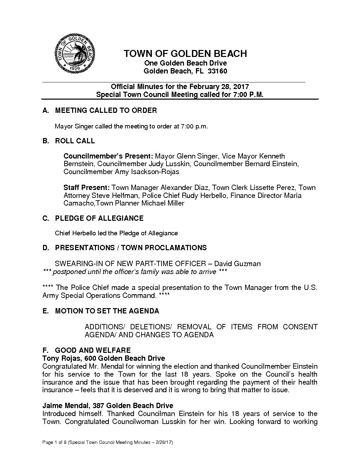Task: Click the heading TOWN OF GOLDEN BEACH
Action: click(x=185, y=54)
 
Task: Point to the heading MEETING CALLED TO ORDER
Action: click(x=106, y=111)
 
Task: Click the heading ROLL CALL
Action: click(x=75, y=141)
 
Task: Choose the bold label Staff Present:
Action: click(x=86, y=188)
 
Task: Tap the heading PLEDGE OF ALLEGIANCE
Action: click(x=99, y=218)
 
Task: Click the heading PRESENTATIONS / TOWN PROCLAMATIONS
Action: click(x=131, y=248)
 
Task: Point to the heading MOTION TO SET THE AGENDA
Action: click(x=107, y=311)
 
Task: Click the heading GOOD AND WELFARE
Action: click(x=93, y=350)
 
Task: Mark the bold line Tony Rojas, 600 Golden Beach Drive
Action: click(x=104, y=358)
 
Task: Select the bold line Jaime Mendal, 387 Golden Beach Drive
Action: click(x=108, y=406)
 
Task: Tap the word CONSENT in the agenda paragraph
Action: click(x=300, y=327)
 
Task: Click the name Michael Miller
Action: click(x=163, y=203)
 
